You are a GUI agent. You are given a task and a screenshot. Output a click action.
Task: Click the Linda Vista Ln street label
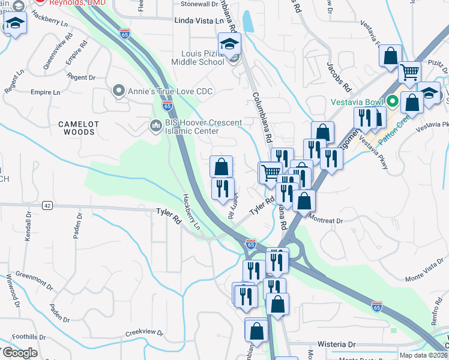(194, 20)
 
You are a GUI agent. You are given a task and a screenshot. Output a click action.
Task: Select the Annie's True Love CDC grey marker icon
(118, 92)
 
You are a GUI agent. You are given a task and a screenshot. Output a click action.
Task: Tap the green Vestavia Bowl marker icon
(393, 101)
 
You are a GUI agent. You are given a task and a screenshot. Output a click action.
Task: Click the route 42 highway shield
(46, 206)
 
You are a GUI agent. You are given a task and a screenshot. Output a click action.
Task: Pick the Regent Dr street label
(82, 77)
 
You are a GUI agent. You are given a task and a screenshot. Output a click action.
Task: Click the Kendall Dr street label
(27, 224)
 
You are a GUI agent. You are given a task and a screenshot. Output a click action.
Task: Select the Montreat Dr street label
(325, 220)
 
